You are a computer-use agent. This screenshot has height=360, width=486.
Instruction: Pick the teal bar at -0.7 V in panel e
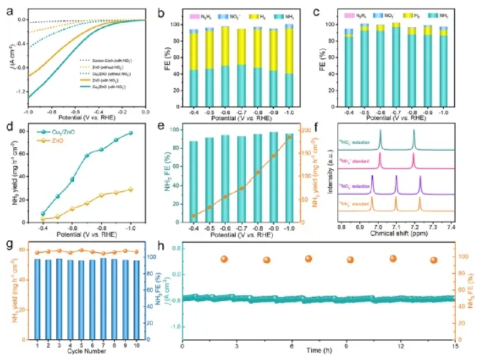(x=241, y=179)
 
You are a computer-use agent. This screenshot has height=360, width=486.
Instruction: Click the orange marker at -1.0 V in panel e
(x=289, y=138)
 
